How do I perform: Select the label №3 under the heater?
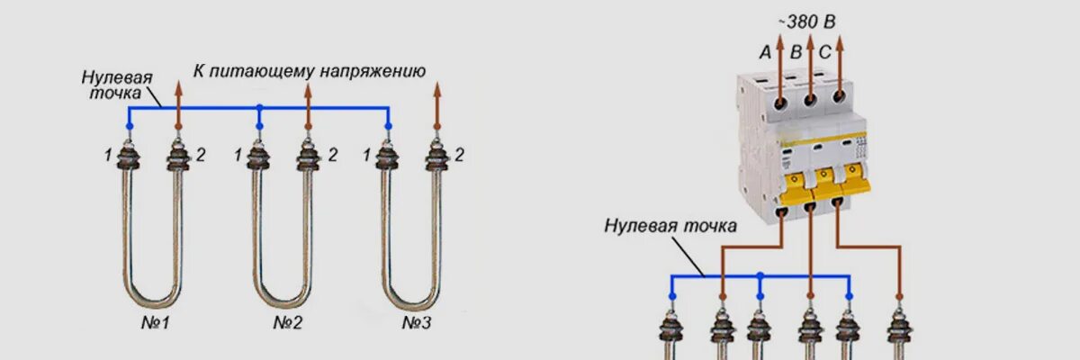coord(417,321)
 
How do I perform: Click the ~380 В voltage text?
coord(811,21)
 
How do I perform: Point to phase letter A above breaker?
coord(765,53)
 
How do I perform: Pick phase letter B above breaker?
coord(796,53)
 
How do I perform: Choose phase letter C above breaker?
coord(825,53)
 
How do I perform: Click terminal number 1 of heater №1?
coord(108,156)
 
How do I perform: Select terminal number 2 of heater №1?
coord(201,156)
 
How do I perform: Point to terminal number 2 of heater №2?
coord(332,156)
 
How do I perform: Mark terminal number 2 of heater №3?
coord(460,156)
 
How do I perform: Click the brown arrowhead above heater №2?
coord(309,88)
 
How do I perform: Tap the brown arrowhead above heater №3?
coord(438,88)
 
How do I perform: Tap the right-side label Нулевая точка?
coord(670,225)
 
